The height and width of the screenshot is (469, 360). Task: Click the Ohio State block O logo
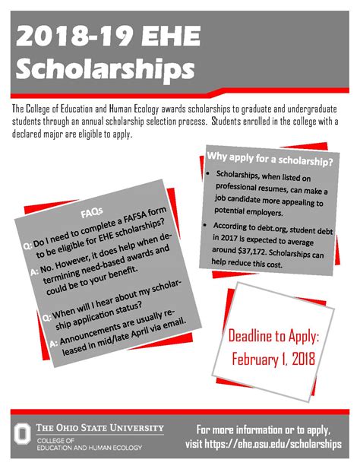coord(24,433)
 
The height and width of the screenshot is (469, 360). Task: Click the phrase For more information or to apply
coord(264,427)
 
